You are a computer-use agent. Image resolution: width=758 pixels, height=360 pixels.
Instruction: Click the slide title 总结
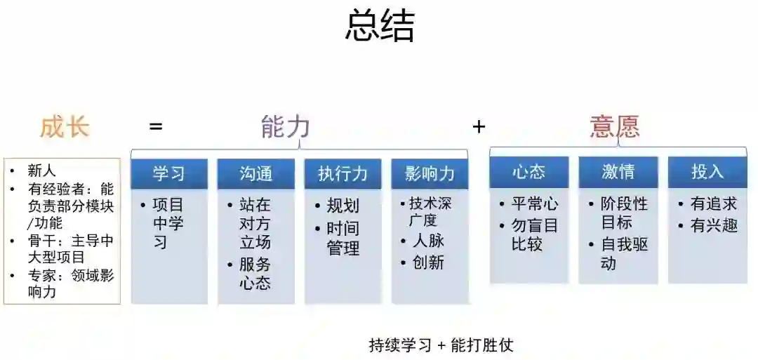(x=380, y=27)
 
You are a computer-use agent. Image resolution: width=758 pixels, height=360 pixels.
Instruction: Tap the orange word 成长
(x=65, y=128)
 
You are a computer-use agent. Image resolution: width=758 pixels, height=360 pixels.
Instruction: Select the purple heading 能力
(x=285, y=128)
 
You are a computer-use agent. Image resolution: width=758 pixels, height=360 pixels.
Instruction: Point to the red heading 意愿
(x=615, y=127)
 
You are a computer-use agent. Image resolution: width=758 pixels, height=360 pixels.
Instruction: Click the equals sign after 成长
(x=156, y=127)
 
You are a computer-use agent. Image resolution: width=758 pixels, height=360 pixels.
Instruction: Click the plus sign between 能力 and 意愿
(x=479, y=127)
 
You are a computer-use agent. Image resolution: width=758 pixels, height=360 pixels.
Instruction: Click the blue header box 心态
(x=528, y=172)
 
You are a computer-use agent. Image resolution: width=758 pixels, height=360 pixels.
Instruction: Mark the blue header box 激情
(x=618, y=172)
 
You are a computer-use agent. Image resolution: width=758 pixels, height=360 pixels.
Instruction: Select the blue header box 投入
(x=707, y=172)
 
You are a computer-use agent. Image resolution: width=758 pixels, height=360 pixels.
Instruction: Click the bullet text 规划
(x=343, y=206)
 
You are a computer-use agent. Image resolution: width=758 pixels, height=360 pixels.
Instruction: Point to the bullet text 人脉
(x=427, y=241)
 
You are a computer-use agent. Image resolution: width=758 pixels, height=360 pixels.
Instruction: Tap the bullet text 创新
(x=427, y=262)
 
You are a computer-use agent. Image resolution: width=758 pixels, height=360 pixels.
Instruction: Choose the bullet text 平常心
(x=535, y=204)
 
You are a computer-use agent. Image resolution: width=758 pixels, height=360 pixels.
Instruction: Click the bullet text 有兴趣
(x=714, y=226)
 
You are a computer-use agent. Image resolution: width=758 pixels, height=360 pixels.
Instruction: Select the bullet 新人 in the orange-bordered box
(x=41, y=171)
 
